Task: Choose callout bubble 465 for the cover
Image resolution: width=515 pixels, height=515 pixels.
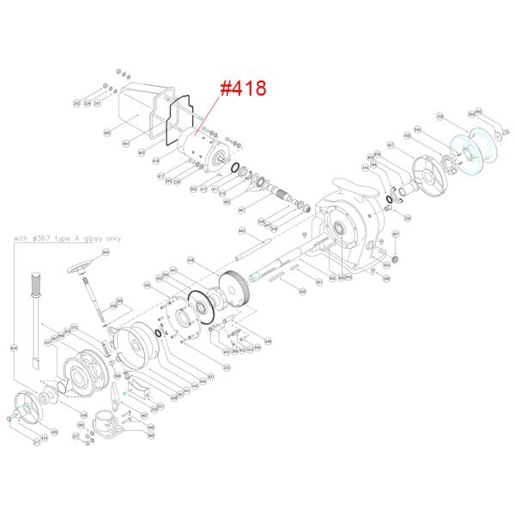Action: click(107, 133)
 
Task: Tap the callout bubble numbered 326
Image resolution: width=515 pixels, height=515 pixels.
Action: click(408, 219)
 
